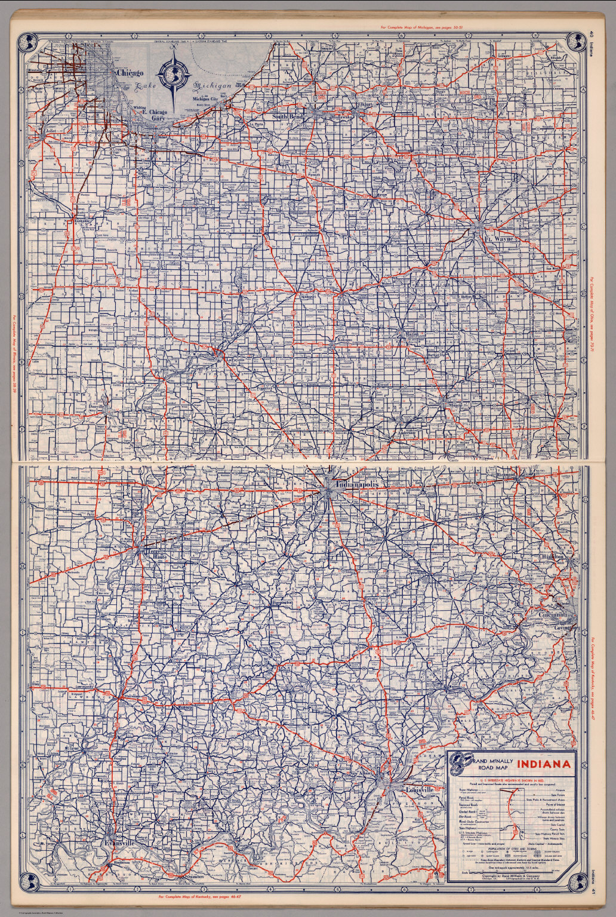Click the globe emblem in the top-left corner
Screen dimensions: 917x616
(x=27, y=41)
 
